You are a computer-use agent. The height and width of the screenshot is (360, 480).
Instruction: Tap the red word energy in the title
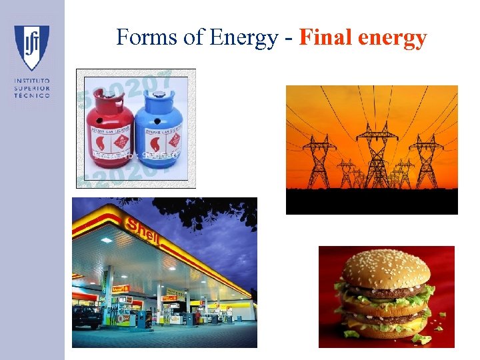pyautogui.click(x=392, y=39)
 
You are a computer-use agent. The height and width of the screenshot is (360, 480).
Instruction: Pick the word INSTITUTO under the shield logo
pyautogui.click(x=32, y=81)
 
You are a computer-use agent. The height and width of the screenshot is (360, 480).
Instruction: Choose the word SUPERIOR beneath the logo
pyautogui.click(x=32, y=89)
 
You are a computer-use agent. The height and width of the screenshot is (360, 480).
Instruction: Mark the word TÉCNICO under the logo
pyautogui.click(x=32, y=95)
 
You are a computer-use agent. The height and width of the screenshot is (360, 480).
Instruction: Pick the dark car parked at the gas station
pyautogui.click(x=87, y=317)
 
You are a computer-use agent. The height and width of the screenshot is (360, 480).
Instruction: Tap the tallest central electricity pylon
pyautogui.click(x=377, y=157)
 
